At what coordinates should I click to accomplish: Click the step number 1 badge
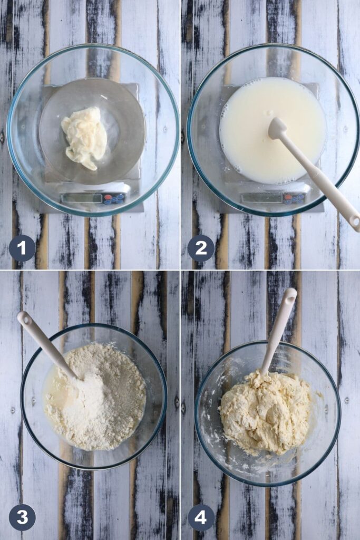click(22, 248)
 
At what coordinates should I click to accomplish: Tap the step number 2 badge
click(201, 248)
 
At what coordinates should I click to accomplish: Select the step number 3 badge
click(22, 517)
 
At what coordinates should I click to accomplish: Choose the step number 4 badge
click(201, 517)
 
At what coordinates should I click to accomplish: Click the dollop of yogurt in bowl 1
click(85, 138)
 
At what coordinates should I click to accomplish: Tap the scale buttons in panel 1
click(114, 198)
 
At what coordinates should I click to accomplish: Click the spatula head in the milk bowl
click(278, 129)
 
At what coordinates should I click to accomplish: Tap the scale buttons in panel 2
click(294, 198)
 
